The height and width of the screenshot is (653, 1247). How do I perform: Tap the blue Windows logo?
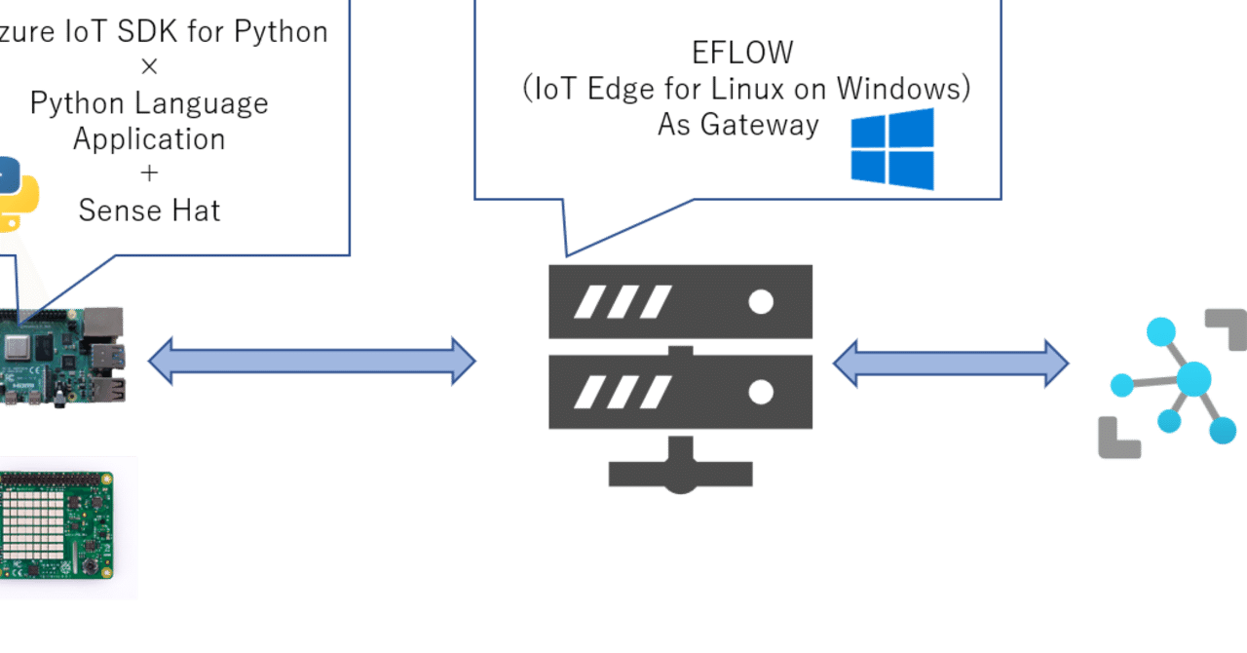click(x=892, y=149)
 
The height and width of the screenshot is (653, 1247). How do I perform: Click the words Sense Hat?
click(x=149, y=210)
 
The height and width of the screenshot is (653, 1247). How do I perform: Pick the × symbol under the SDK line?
click(x=149, y=67)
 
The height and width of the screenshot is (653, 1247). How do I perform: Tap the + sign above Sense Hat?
click(x=149, y=173)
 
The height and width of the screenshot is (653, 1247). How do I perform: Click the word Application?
click(x=149, y=138)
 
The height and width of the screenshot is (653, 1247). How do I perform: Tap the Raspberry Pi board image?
click(x=62, y=357)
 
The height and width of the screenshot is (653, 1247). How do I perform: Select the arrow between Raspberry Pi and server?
click(x=312, y=362)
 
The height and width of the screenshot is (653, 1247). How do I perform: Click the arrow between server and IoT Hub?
click(x=950, y=364)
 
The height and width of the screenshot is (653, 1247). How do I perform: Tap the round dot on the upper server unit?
click(x=761, y=302)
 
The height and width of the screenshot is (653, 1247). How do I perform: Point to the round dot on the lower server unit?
click(x=761, y=392)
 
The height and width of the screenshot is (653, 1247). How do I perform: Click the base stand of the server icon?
click(x=681, y=474)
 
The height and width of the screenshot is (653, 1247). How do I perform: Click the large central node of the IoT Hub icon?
click(x=1193, y=378)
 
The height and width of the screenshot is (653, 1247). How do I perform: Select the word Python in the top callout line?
click(x=283, y=31)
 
